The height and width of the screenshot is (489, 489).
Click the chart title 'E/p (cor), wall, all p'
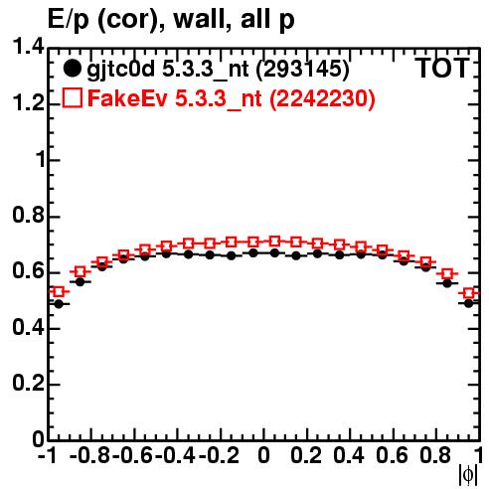[171, 20]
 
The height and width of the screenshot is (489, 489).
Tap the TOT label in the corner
[442, 68]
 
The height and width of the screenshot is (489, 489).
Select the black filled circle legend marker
[72, 69]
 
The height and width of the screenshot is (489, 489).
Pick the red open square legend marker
[72, 98]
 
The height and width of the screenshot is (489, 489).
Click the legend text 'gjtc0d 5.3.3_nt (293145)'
[218, 70]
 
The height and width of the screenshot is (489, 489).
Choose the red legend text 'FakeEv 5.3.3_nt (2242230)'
[232, 98]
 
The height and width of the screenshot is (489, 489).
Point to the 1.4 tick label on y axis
[28, 48]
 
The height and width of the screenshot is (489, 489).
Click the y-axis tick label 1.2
[28, 103]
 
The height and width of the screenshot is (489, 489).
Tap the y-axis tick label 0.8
[28, 216]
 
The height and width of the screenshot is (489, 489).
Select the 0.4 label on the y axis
[28, 328]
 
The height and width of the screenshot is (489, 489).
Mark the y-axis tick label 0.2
[28, 384]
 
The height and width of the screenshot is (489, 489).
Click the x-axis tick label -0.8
[90, 455]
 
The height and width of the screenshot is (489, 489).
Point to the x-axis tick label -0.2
[220, 455]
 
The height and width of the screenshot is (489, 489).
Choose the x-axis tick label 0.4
[349, 455]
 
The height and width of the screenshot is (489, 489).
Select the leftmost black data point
[59, 304]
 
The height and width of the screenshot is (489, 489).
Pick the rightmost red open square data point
[468, 293]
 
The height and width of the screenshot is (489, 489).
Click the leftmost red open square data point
[59, 292]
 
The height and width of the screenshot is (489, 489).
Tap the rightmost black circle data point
[468, 303]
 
